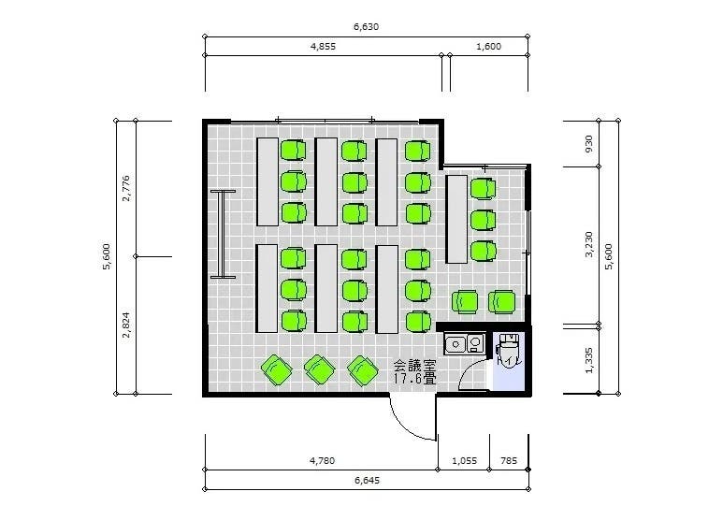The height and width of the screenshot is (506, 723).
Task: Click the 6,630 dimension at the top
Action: (x=366, y=27)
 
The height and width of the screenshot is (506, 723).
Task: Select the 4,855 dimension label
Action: (x=323, y=46)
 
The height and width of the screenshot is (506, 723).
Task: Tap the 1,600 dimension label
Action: (x=488, y=46)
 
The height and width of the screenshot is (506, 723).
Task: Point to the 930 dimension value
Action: (x=588, y=144)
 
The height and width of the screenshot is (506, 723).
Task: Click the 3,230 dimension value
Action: (x=588, y=244)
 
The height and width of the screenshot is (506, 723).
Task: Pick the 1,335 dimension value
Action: (x=588, y=360)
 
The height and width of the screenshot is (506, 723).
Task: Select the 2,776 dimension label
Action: (x=126, y=188)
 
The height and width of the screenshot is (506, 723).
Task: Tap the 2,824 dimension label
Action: (x=126, y=325)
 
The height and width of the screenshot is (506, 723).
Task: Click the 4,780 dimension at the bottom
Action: (x=322, y=460)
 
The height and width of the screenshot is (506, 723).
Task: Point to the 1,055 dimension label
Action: (x=464, y=460)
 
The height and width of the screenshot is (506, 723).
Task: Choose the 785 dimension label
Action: (x=509, y=460)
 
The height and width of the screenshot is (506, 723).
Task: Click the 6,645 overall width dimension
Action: (x=367, y=480)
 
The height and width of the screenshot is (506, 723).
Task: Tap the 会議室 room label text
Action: (x=414, y=367)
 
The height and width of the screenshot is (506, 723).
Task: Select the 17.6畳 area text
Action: (x=414, y=379)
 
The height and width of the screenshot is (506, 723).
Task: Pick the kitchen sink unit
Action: (x=464, y=343)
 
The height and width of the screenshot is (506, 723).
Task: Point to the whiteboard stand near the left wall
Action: (x=224, y=235)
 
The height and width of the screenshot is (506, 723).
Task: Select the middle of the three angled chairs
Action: (x=320, y=369)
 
